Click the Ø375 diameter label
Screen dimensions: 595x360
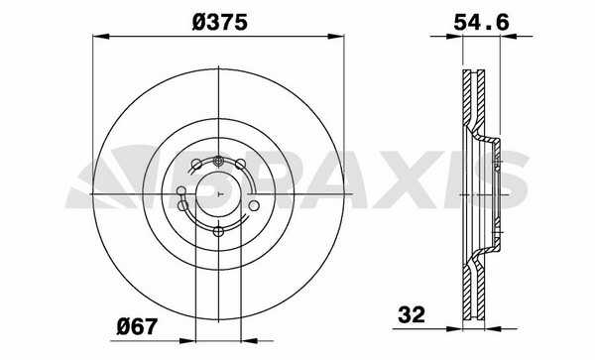[x=220, y=23]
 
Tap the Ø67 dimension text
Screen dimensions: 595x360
[x=137, y=326]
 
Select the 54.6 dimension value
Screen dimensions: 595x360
[x=481, y=23]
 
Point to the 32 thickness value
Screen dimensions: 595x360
[x=412, y=314]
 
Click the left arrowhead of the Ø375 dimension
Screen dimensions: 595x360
[x=101, y=37]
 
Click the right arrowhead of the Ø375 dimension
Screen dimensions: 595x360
[x=336, y=37]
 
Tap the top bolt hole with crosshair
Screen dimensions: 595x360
[x=218, y=162]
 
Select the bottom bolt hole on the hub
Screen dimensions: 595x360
[x=218, y=231]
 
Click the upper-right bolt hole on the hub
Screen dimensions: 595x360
[x=240, y=165]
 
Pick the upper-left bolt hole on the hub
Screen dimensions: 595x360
[x=196, y=165]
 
